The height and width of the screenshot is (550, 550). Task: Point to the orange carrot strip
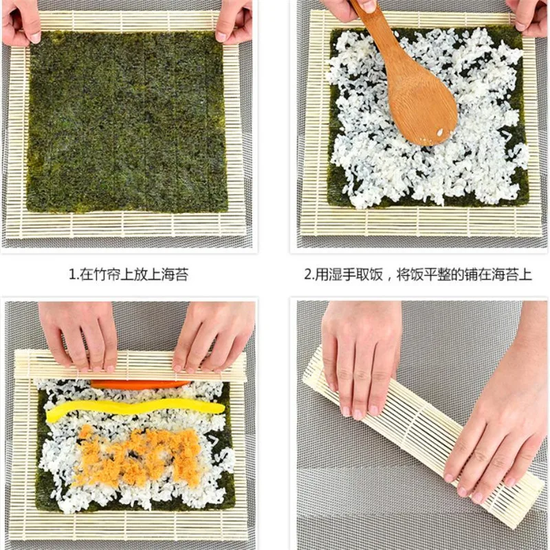pos(141,384)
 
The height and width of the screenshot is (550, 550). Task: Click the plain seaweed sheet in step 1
pos(127,120)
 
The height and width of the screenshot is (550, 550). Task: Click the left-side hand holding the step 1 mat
pos(21,21)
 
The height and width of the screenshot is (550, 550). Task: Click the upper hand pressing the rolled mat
pos(361,351)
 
